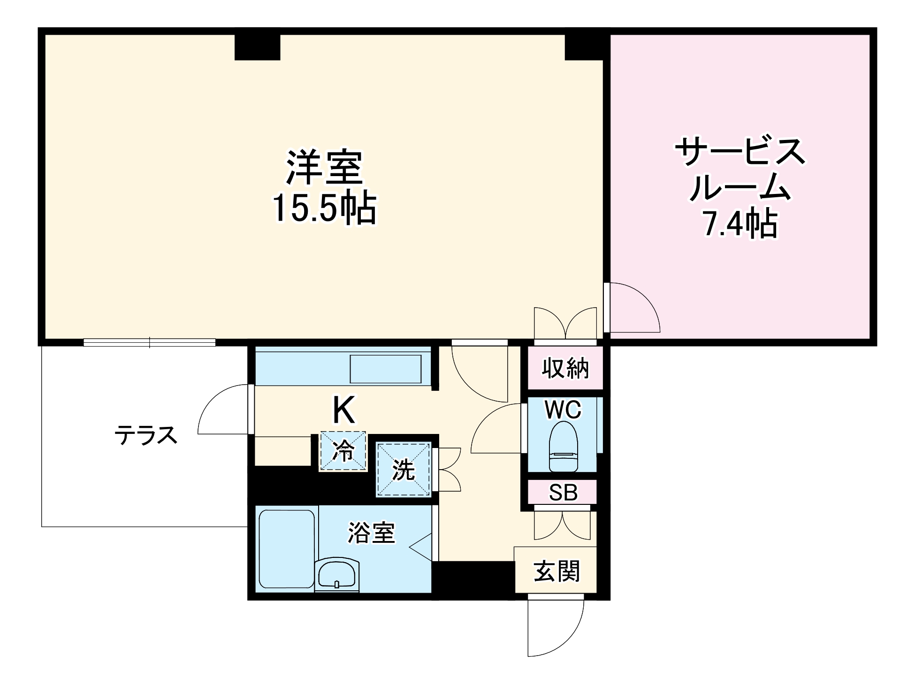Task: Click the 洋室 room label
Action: coord(324,167)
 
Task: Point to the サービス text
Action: coord(740,151)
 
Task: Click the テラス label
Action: coord(146,435)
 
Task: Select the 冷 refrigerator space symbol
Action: coord(343,451)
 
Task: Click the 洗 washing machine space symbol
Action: coord(404,469)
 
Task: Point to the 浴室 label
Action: coord(371,533)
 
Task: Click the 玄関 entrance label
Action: coord(557,571)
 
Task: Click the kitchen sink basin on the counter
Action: coord(385,369)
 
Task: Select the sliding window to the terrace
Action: coord(149,342)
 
